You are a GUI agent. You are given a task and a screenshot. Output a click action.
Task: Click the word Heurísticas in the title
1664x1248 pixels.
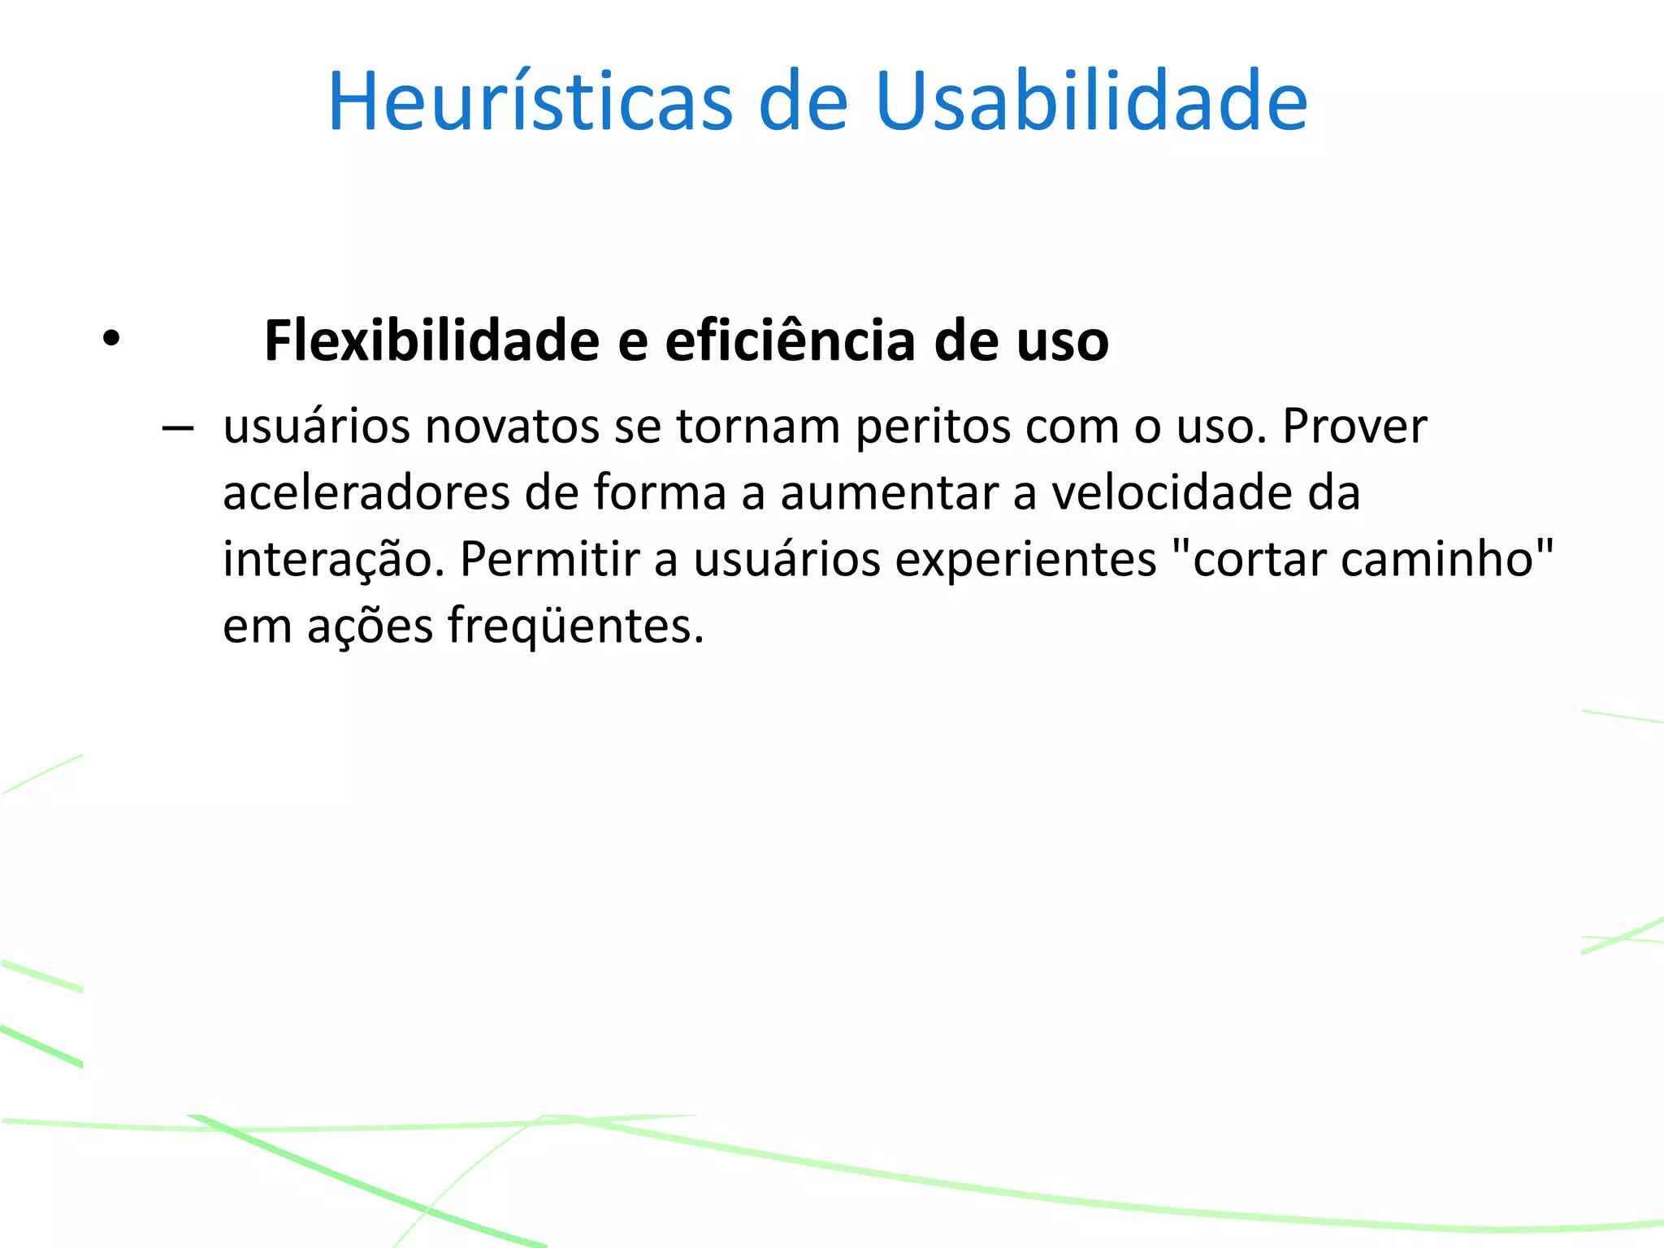click(x=530, y=102)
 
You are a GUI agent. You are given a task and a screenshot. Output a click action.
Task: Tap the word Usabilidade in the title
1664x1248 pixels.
click(x=1091, y=102)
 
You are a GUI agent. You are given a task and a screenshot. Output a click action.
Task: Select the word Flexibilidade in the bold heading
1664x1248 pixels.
click(x=431, y=340)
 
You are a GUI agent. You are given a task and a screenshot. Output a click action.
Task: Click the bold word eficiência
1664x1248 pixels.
click(x=791, y=340)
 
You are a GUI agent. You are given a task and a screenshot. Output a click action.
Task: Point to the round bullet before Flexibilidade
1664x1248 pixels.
click(x=111, y=339)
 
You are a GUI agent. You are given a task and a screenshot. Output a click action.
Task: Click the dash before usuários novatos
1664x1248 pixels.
click(x=177, y=428)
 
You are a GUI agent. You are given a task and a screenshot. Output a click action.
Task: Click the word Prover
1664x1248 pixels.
click(x=1354, y=427)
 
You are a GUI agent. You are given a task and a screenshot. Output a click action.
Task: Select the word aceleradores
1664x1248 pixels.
click(x=366, y=493)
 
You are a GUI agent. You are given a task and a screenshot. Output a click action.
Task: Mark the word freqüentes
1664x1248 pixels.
click(x=575, y=627)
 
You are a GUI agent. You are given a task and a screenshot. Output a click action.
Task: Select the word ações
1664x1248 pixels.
click(x=370, y=627)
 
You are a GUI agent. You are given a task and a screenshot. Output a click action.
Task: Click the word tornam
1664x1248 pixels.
click(x=757, y=427)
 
